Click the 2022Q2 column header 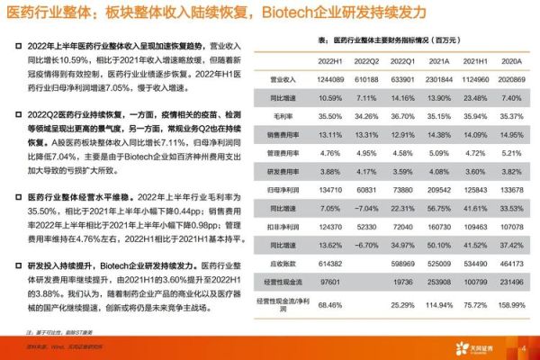[x=366, y=61]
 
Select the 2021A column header [x=439, y=61]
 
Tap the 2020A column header [x=512, y=61]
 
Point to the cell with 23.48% [x=475, y=97]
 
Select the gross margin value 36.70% [x=403, y=114]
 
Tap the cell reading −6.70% [x=366, y=244]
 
